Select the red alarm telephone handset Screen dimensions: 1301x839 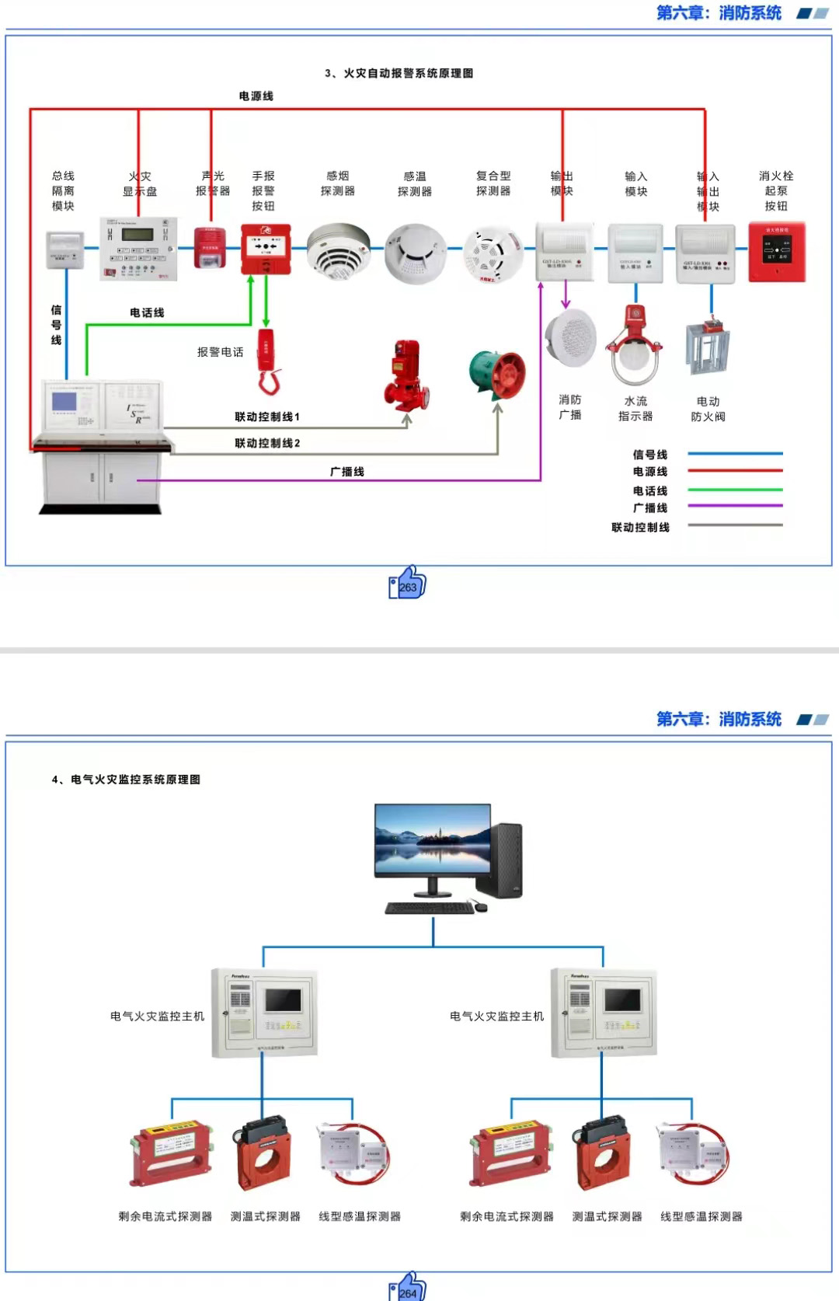tap(267, 361)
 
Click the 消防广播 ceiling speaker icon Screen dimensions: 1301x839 tap(570, 338)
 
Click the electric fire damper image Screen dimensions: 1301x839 tap(707, 348)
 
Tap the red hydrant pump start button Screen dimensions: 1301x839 tap(776, 252)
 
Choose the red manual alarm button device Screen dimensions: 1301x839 tap(266, 249)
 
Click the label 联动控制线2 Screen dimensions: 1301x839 tap(267, 443)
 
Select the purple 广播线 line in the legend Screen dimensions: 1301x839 tap(735, 507)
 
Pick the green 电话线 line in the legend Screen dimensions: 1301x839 tap(735, 490)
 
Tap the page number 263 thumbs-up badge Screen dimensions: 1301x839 tap(408, 584)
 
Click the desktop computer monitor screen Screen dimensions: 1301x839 tap(433, 841)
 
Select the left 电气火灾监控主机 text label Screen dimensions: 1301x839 tap(157, 1016)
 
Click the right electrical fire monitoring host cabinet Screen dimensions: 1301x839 tap(604, 1013)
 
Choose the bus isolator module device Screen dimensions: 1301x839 tap(64, 249)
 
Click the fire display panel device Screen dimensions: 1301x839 tap(139, 248)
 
